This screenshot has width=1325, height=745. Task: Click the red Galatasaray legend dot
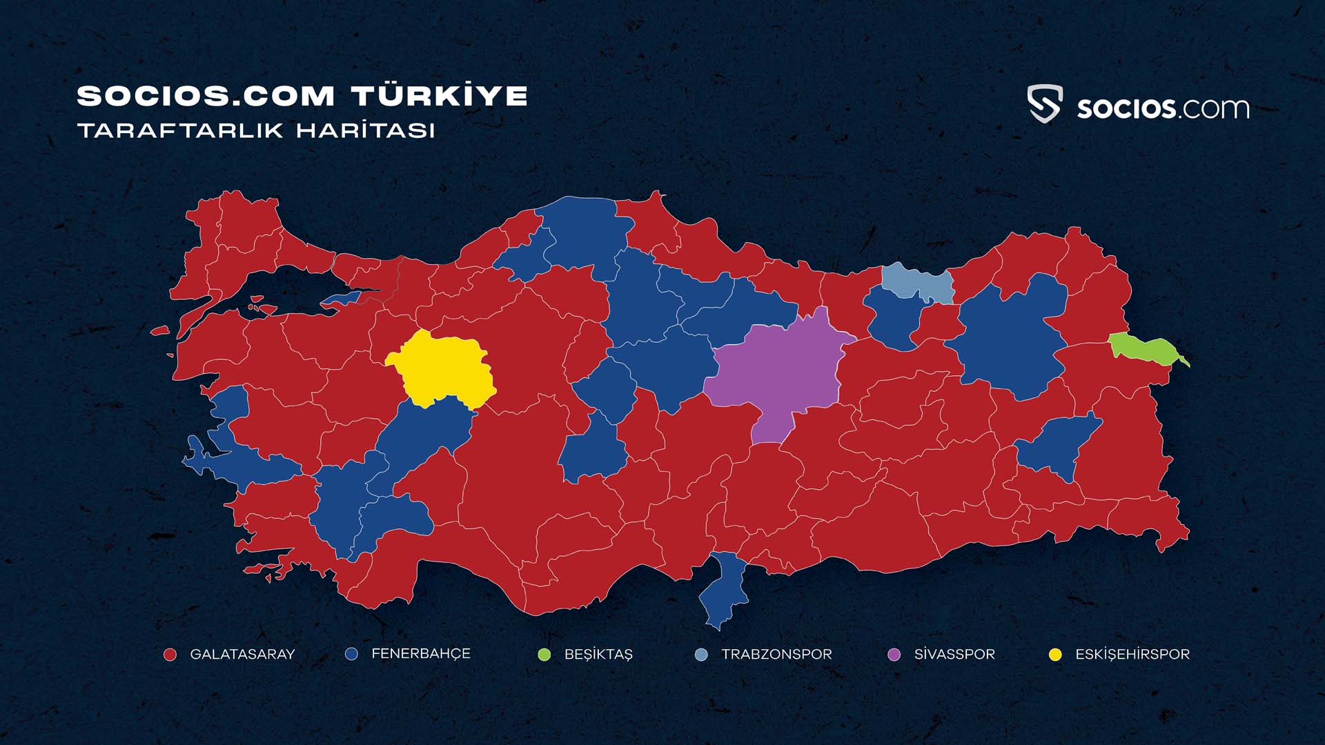[170, 655]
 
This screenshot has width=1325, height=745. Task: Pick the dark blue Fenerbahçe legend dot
[352, 654]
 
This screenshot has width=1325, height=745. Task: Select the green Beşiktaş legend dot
[544, 655]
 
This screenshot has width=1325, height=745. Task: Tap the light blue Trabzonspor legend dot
[701, 655]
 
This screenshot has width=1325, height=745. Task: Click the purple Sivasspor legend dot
[894, 655]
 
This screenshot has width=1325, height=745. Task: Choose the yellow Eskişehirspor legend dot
[1055, 655]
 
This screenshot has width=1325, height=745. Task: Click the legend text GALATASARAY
[242, 655]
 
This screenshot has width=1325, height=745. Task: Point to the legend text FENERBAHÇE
[421, 654]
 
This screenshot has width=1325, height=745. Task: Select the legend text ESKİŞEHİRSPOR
[1132, 655]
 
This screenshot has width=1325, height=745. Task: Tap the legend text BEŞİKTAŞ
[598, 655]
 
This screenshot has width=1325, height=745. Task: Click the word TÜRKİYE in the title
[440, 96]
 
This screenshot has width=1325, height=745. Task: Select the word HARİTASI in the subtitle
[366, 130]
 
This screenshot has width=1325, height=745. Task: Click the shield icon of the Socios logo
[1045, 104]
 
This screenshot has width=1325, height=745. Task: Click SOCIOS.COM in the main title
[206, 96]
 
